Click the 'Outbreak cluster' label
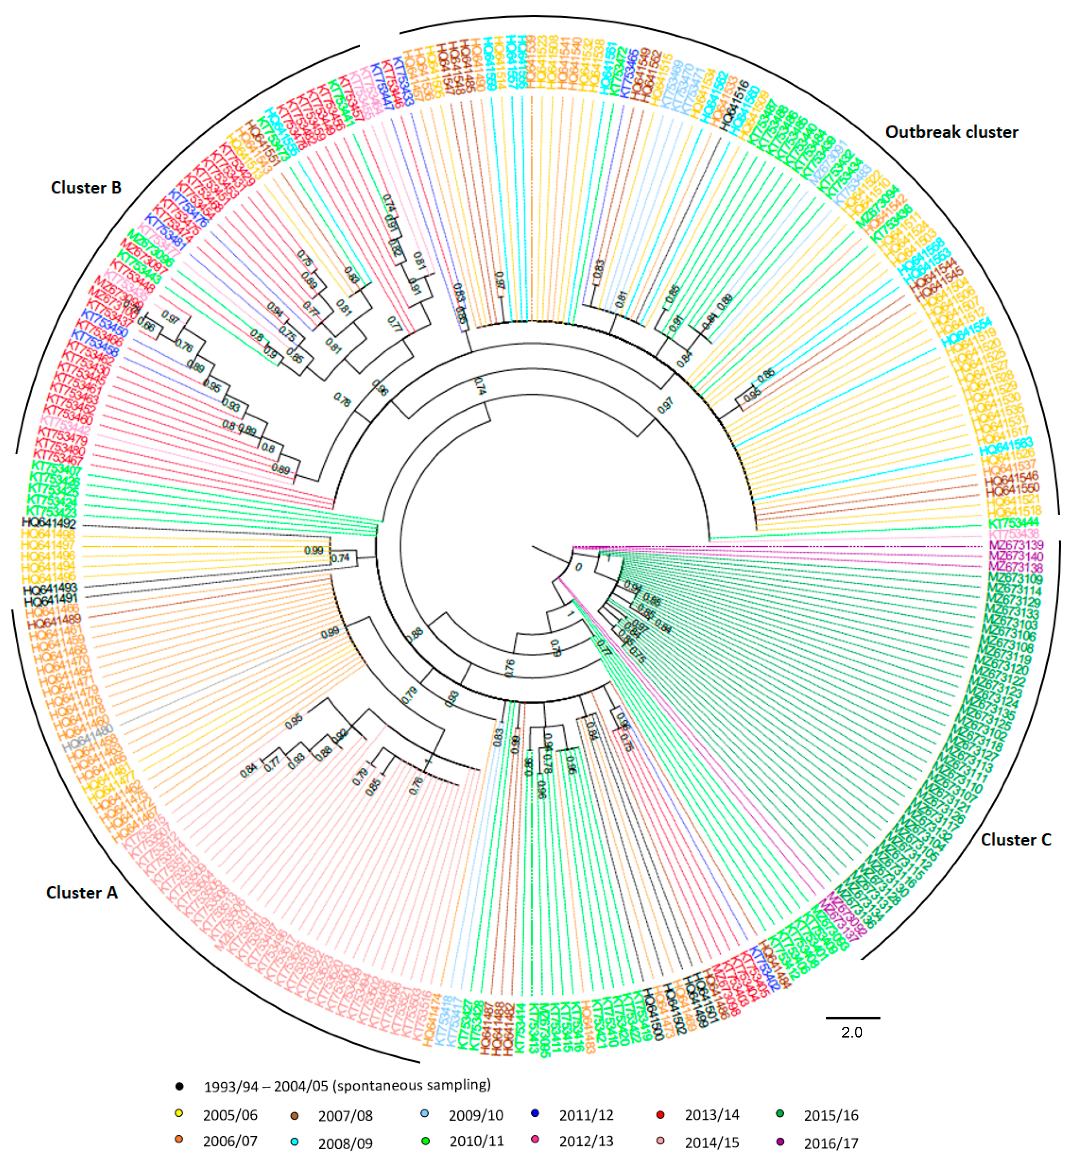coord(951,132)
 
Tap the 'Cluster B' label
coord(86,188)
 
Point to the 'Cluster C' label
coord(1016,840)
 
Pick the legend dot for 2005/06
coord(179,1114)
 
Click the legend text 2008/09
coord(345,1143)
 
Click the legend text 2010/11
coord(476,1142)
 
